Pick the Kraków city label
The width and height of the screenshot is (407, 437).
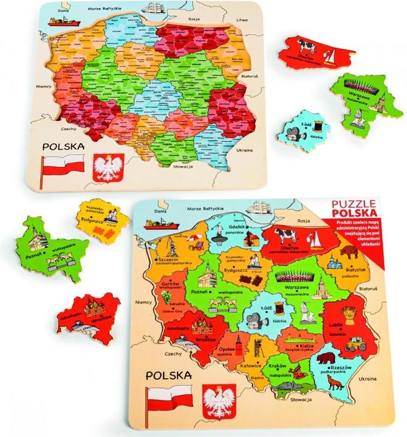(278, 367)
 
